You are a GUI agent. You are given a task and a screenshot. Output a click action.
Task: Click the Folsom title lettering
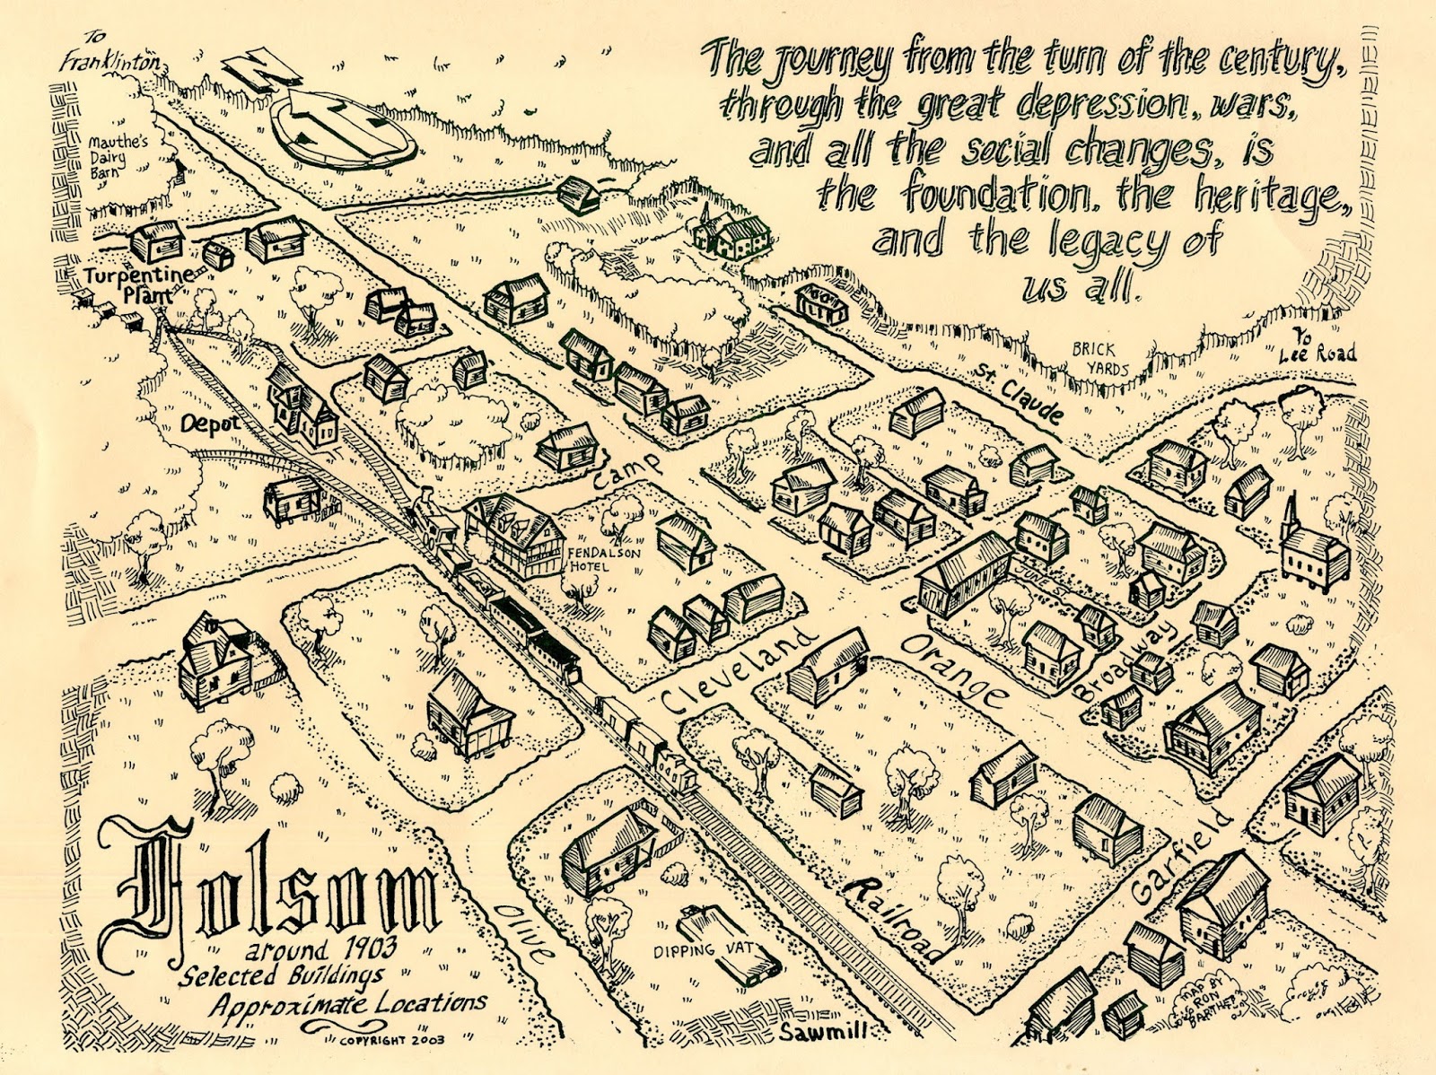coord(285,891)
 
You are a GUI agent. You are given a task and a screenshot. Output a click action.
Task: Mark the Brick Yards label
coord(1093,358)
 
